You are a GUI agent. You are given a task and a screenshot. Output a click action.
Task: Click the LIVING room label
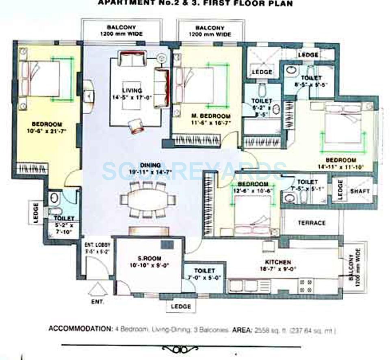(132, 91)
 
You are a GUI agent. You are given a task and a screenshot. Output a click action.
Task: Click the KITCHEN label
(278, 262)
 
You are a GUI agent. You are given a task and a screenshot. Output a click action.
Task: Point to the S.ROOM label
(149, 258)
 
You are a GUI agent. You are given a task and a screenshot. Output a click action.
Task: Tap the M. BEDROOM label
(211, 116)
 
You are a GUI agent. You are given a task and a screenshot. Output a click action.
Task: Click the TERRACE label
(312, 223)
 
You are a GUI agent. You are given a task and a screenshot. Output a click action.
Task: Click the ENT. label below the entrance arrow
(97, 302)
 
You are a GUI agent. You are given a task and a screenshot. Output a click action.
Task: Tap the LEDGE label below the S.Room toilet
(181, 307)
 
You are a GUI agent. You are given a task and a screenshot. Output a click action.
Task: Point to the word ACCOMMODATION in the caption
(79, 329)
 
